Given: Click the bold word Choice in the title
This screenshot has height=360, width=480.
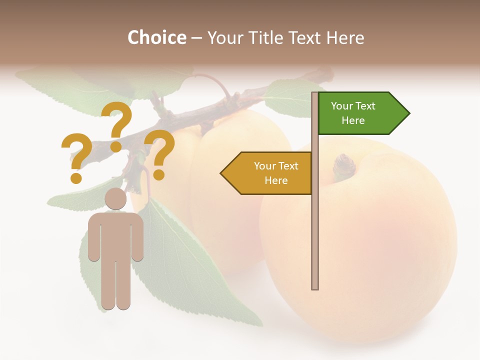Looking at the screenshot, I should (x=156, y=38).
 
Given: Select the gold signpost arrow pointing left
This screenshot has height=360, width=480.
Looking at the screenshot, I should (x=267, y=173).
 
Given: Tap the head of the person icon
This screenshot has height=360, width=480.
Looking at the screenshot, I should (x=115, y=198).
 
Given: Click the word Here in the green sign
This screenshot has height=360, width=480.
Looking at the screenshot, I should (x=353, y=120).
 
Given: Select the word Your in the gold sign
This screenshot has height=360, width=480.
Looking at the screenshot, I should (x=264, y=166).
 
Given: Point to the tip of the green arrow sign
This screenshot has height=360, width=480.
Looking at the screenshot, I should (x=408, y=113).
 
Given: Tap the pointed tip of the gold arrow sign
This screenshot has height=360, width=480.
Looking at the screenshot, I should (x=222, y=173).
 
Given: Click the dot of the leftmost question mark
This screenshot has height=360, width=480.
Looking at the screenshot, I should (x=76, y=178).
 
